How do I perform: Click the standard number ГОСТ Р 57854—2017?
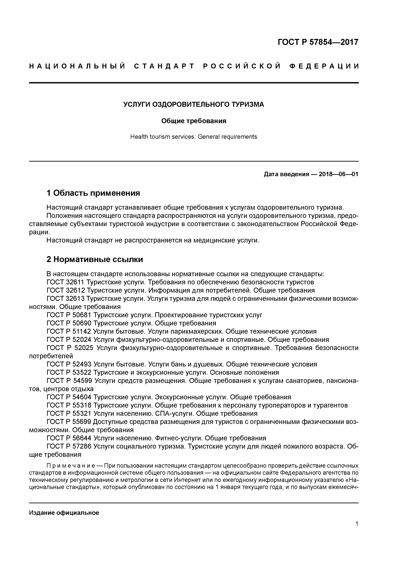(318, 42)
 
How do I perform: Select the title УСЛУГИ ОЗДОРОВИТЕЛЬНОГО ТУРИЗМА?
(194, 104)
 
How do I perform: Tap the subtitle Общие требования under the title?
(194, 121)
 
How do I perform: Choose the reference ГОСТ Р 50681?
(69, 315)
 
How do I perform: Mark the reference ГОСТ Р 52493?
(69, 364)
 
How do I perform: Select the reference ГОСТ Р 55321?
(69, 413)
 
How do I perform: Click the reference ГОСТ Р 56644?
(69, 438)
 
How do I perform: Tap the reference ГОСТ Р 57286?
(69, 446)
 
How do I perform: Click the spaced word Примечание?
(70, 466)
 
